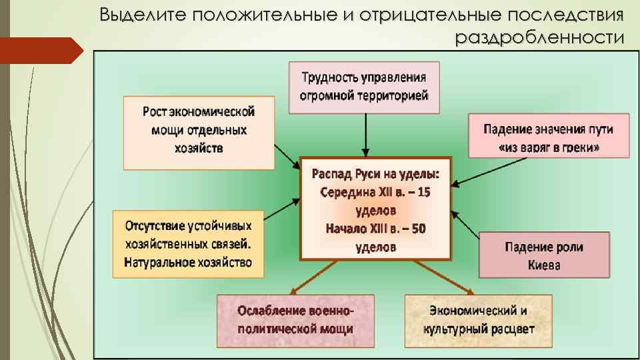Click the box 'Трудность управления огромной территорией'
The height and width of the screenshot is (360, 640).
[x=365, y=87]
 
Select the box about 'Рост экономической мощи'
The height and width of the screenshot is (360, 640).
[x=199, y=132]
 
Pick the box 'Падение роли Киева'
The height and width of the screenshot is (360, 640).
[x=544, y=255]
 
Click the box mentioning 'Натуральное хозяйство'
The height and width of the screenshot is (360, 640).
[x=188, y=244]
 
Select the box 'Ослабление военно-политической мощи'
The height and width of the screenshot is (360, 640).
[x=295, y=319]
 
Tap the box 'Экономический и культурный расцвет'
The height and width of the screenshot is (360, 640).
[x=478, y=319]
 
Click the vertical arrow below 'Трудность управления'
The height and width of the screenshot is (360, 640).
[x=365, y=135]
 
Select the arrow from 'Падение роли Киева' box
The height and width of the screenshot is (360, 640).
[x=466, y=226]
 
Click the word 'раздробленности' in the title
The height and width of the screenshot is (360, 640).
[x=541, y=37]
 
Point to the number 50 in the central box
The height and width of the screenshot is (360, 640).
[x=417, y=229]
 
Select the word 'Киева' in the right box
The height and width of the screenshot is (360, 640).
[x=544, y=265]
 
